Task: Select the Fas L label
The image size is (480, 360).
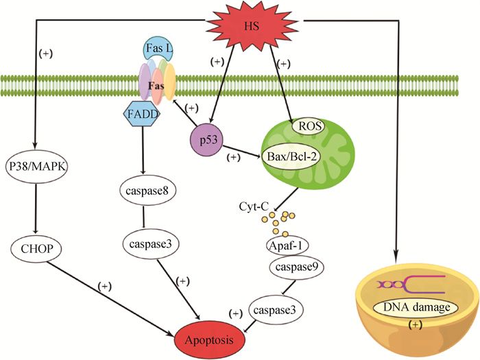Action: coord(157,50)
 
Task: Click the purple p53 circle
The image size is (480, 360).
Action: coord(210,141)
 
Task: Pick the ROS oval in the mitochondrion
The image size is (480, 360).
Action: coord(308,125)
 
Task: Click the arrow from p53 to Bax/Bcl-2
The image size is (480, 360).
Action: coord(245,150)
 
